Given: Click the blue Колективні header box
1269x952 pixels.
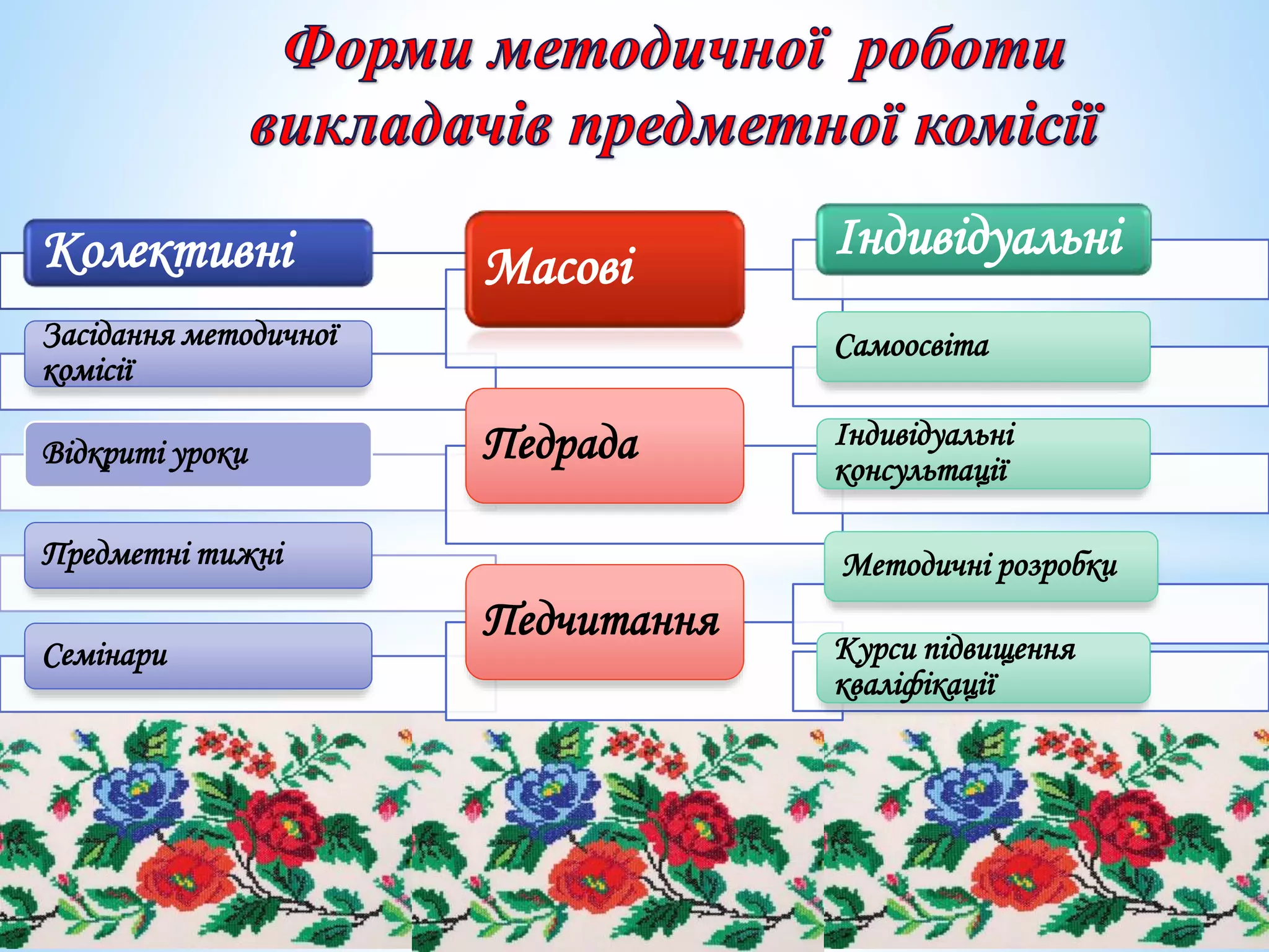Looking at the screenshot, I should point(198,252).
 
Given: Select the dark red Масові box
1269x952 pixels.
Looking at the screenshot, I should point(604,268).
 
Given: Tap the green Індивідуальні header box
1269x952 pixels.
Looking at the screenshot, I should point(983,239).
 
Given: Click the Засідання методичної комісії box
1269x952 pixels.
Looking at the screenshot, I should point(198,353).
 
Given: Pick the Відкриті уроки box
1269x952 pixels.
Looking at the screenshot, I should point(198,454).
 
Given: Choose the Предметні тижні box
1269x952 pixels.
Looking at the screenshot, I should point(198,555).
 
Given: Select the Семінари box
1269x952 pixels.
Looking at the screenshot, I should point(198,656).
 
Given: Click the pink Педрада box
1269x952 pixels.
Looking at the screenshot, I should point(604,445).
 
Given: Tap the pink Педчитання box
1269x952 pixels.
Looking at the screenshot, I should point(604,622).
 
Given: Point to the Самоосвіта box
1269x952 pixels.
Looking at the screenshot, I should point(983,346).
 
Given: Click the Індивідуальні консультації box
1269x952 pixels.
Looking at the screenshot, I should point(983,454).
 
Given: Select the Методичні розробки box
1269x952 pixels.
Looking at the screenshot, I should point(991,566).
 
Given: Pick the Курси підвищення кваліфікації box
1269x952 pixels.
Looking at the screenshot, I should point(983,668).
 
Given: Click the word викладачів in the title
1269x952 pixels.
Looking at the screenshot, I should point(400,126).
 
